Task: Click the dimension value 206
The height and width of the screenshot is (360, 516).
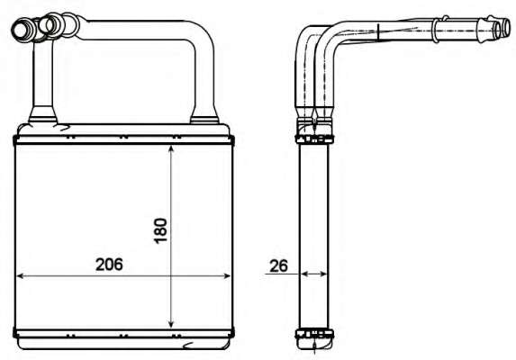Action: coord(108,265)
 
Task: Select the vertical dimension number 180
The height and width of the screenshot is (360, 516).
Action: coord(159,232)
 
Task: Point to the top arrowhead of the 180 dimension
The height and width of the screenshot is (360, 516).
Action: coord(171,150)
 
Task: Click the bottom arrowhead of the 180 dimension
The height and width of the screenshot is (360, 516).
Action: coord(171,325)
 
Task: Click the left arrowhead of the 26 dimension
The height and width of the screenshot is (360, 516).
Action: coord(303,274)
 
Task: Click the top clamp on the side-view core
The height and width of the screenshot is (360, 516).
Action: coord(312,136)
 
